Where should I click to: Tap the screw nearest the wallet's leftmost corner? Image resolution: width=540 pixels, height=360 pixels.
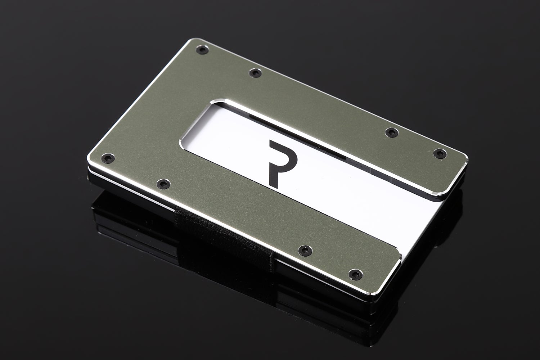click(108, 158)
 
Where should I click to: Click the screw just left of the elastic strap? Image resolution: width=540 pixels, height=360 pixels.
click(163, 184)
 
